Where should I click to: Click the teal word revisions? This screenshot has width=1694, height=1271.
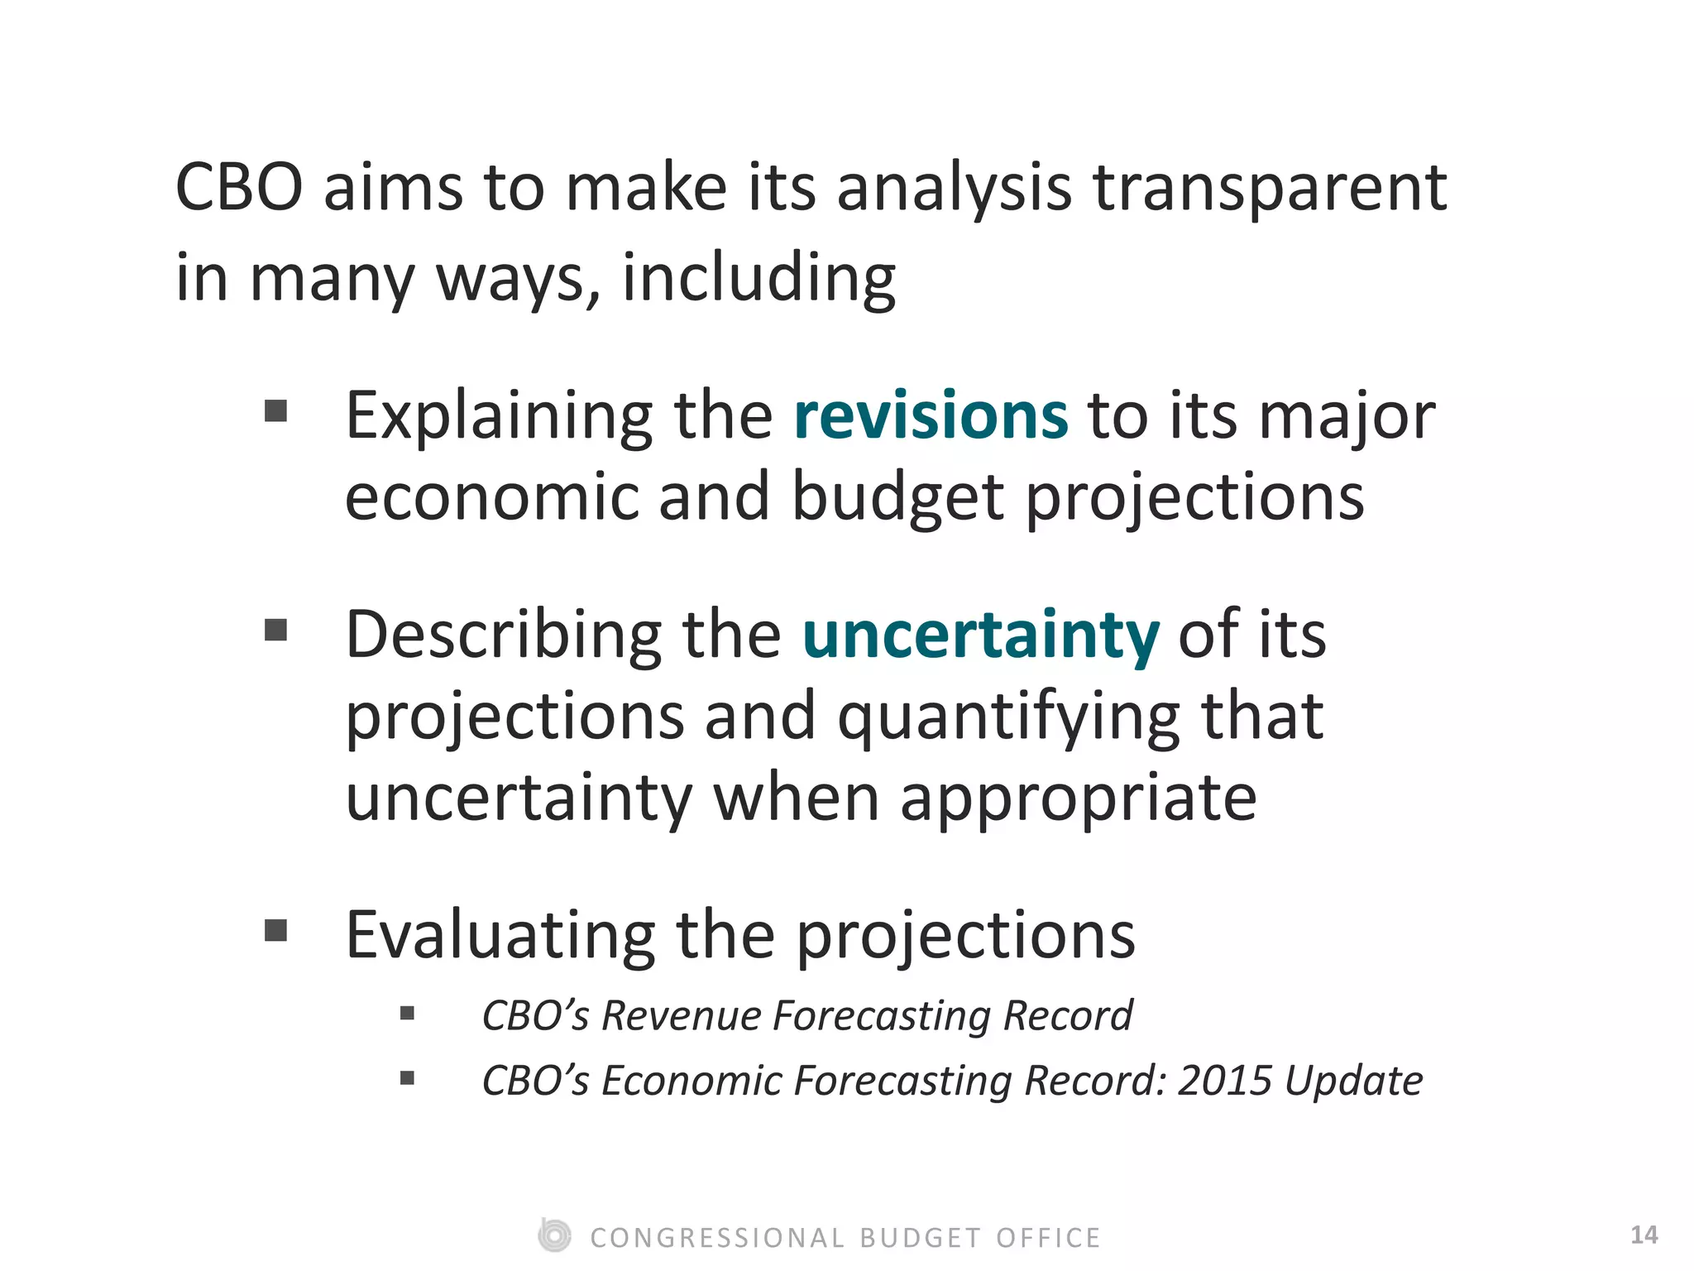(931, 415)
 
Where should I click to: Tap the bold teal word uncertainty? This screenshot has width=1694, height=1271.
(981, 635)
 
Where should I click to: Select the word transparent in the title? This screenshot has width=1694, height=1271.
(1270, 187)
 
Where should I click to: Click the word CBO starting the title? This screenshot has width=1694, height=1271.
(239, 187)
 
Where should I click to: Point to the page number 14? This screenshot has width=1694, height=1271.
(1644, 1235)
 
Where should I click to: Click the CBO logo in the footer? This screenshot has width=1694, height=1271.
(554, 1235)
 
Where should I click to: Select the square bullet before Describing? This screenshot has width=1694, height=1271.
(275, 631)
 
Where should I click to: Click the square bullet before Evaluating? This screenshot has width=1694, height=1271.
(275, 931)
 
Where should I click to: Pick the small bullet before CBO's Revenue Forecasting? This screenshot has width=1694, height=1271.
(407, 1013)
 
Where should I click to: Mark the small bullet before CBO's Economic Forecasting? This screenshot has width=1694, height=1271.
(407, 1077)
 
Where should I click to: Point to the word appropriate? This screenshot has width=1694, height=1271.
(1078, 799)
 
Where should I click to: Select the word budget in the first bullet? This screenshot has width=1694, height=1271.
(897, 498)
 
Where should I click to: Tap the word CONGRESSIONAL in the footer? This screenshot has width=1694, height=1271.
(717, 1238)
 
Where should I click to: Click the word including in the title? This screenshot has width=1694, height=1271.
(758, 278)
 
